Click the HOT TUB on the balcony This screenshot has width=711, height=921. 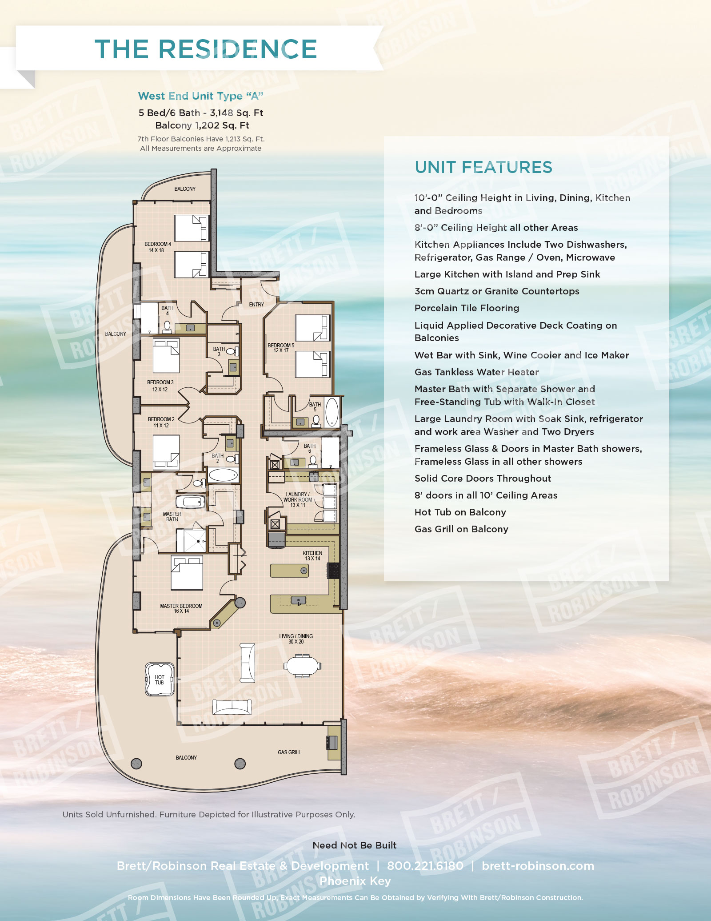(x=160, y=680)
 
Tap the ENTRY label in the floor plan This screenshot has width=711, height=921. (x=256, y=305)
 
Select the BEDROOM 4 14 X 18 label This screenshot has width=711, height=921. (x=157, y=247)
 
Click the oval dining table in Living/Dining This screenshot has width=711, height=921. (x=302, y=666)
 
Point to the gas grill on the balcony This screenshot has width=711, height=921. (x=332, y=742)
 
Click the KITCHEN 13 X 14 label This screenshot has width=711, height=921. (x=312, y=556)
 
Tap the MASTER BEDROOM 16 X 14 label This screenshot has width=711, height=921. (x=181, y=608)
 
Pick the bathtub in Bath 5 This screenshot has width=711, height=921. (x=332, y=412)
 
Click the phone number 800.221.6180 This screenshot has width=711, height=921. (x=425, y=866)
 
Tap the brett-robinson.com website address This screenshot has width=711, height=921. (x=538, y=866)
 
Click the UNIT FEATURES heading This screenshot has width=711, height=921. (x=483, y=167)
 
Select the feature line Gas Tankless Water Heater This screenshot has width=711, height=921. (x=476, y=372)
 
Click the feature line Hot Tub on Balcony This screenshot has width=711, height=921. (x=460, y=512)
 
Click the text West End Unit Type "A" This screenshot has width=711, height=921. (x=200, y=96)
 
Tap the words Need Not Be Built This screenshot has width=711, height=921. (x=354, y=845)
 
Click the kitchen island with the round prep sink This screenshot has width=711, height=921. (x=289, y=571)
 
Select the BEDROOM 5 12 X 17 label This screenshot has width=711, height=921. (x=280, y=348)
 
